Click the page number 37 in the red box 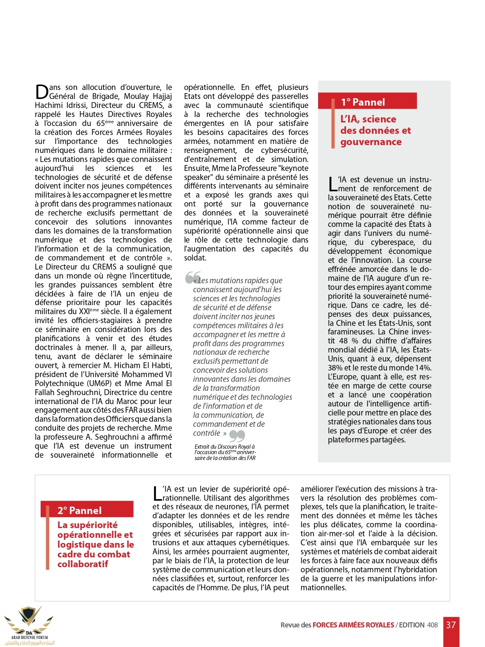coord(451,625)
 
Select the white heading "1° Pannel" coord(363,102)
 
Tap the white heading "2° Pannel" coord(79,510)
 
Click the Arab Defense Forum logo coord(29,625)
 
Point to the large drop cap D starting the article coord(41,92)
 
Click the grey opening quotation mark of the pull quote coord(192,277)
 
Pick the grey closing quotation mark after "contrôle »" coord(237,435)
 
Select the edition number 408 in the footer coord(432,625)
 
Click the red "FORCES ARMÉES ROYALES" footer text coord(353,625)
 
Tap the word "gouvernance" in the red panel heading coord(371,142)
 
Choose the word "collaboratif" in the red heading coord(82,564)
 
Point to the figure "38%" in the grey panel coord(335,368)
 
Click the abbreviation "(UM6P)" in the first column coord(98,383)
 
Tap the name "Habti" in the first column coord(162,365)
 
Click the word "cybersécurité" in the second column coord(285,150)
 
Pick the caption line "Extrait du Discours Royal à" coord(224,446)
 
